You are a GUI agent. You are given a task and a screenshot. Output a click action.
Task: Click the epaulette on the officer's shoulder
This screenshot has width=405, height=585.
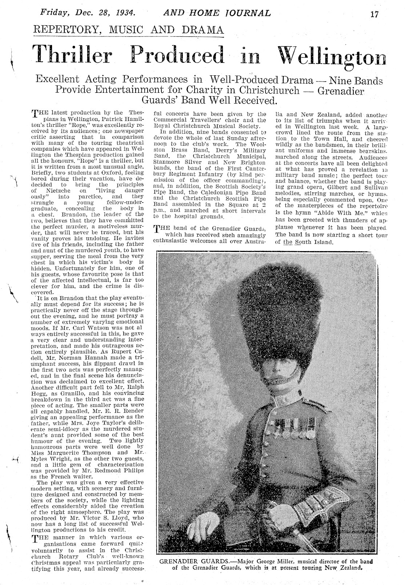[311, 403]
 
